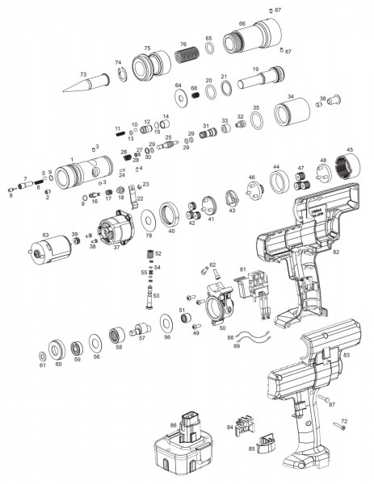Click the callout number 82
click(x=336, y=252)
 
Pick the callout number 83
click(x=346, y=353)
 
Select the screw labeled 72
click(x=338, y=432)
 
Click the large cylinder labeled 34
click(x=299, y=111)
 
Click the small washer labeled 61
click(x=41, y=354)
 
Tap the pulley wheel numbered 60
click(x=58, y=350)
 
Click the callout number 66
click(x=242, y=24)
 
